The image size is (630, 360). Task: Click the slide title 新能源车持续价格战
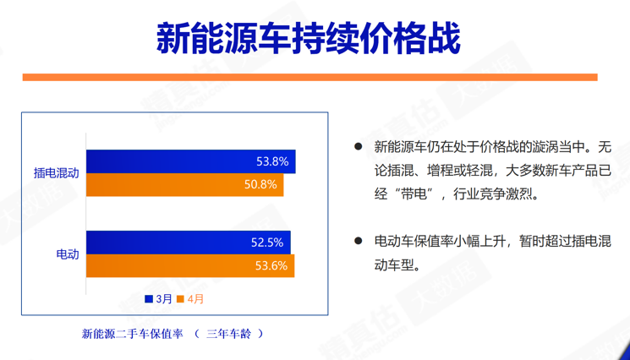pyautogui.click(x=308, y=39)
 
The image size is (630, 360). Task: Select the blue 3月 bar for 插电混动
pyautogui.click(x=191, y=161)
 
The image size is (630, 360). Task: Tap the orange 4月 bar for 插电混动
pyautogui.click(x=185, y=184)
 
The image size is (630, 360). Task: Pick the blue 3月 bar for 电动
pyautogui.click(x=189, y=243)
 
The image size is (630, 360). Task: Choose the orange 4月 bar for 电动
pyautogui.click(x=190, y=265)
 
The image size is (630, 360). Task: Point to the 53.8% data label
pyautogui.click(x=272, y=161)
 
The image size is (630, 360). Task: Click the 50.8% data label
pyautogui.click(x=260, y=184)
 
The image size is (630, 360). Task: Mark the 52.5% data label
pyautogui.click(x=267, y=243)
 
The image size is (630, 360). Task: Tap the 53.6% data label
pyautogui.click(x=271, y=265)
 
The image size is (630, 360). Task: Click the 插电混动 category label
pyautogui.click(x=57, y=173)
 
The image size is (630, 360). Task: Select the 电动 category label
pyautogui.click(x=68, y=254)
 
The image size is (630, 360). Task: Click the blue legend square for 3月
pyautogui.click(x=149, y=299)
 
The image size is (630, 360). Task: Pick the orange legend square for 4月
pyautogui.click(x=180, y=299)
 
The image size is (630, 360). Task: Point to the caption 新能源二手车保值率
pyautogui.click(x=132, y=334)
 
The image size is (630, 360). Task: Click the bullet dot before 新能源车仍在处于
pyautogui.click(x=358, y=146)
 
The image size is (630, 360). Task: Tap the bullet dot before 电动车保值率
pyautogui.click(x=358, y=241)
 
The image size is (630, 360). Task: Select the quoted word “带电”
pyautogui.click(x=414, y=194)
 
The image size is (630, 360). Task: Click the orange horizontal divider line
pyautogui.click(x=310, y=77)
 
